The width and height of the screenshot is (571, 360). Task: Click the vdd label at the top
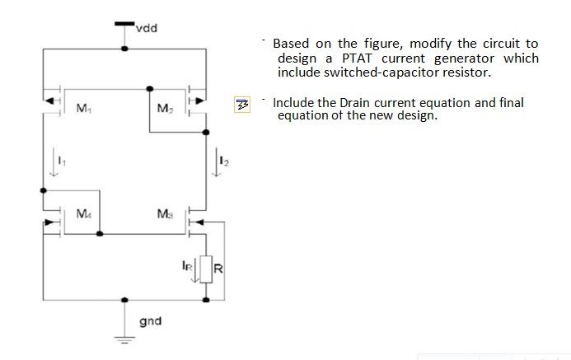pos(147,29)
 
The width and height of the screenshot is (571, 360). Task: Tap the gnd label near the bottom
pos(150,320)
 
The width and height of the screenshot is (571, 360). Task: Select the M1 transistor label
pos(83,108)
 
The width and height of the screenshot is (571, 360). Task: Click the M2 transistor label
pos(164,109)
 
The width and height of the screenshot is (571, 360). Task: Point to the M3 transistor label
pos(164,215)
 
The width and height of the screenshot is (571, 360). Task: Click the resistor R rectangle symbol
pos(206,269)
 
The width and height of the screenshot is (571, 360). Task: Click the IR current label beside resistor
pos(187,265)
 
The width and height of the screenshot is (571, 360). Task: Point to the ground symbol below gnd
pos(124,338)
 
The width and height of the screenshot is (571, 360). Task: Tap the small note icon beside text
pos(242,105)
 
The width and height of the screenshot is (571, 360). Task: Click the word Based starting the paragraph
pos(292,43)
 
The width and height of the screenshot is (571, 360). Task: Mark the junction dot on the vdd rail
pos(124,49)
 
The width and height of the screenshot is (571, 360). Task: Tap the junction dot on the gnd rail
pos(124,301)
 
